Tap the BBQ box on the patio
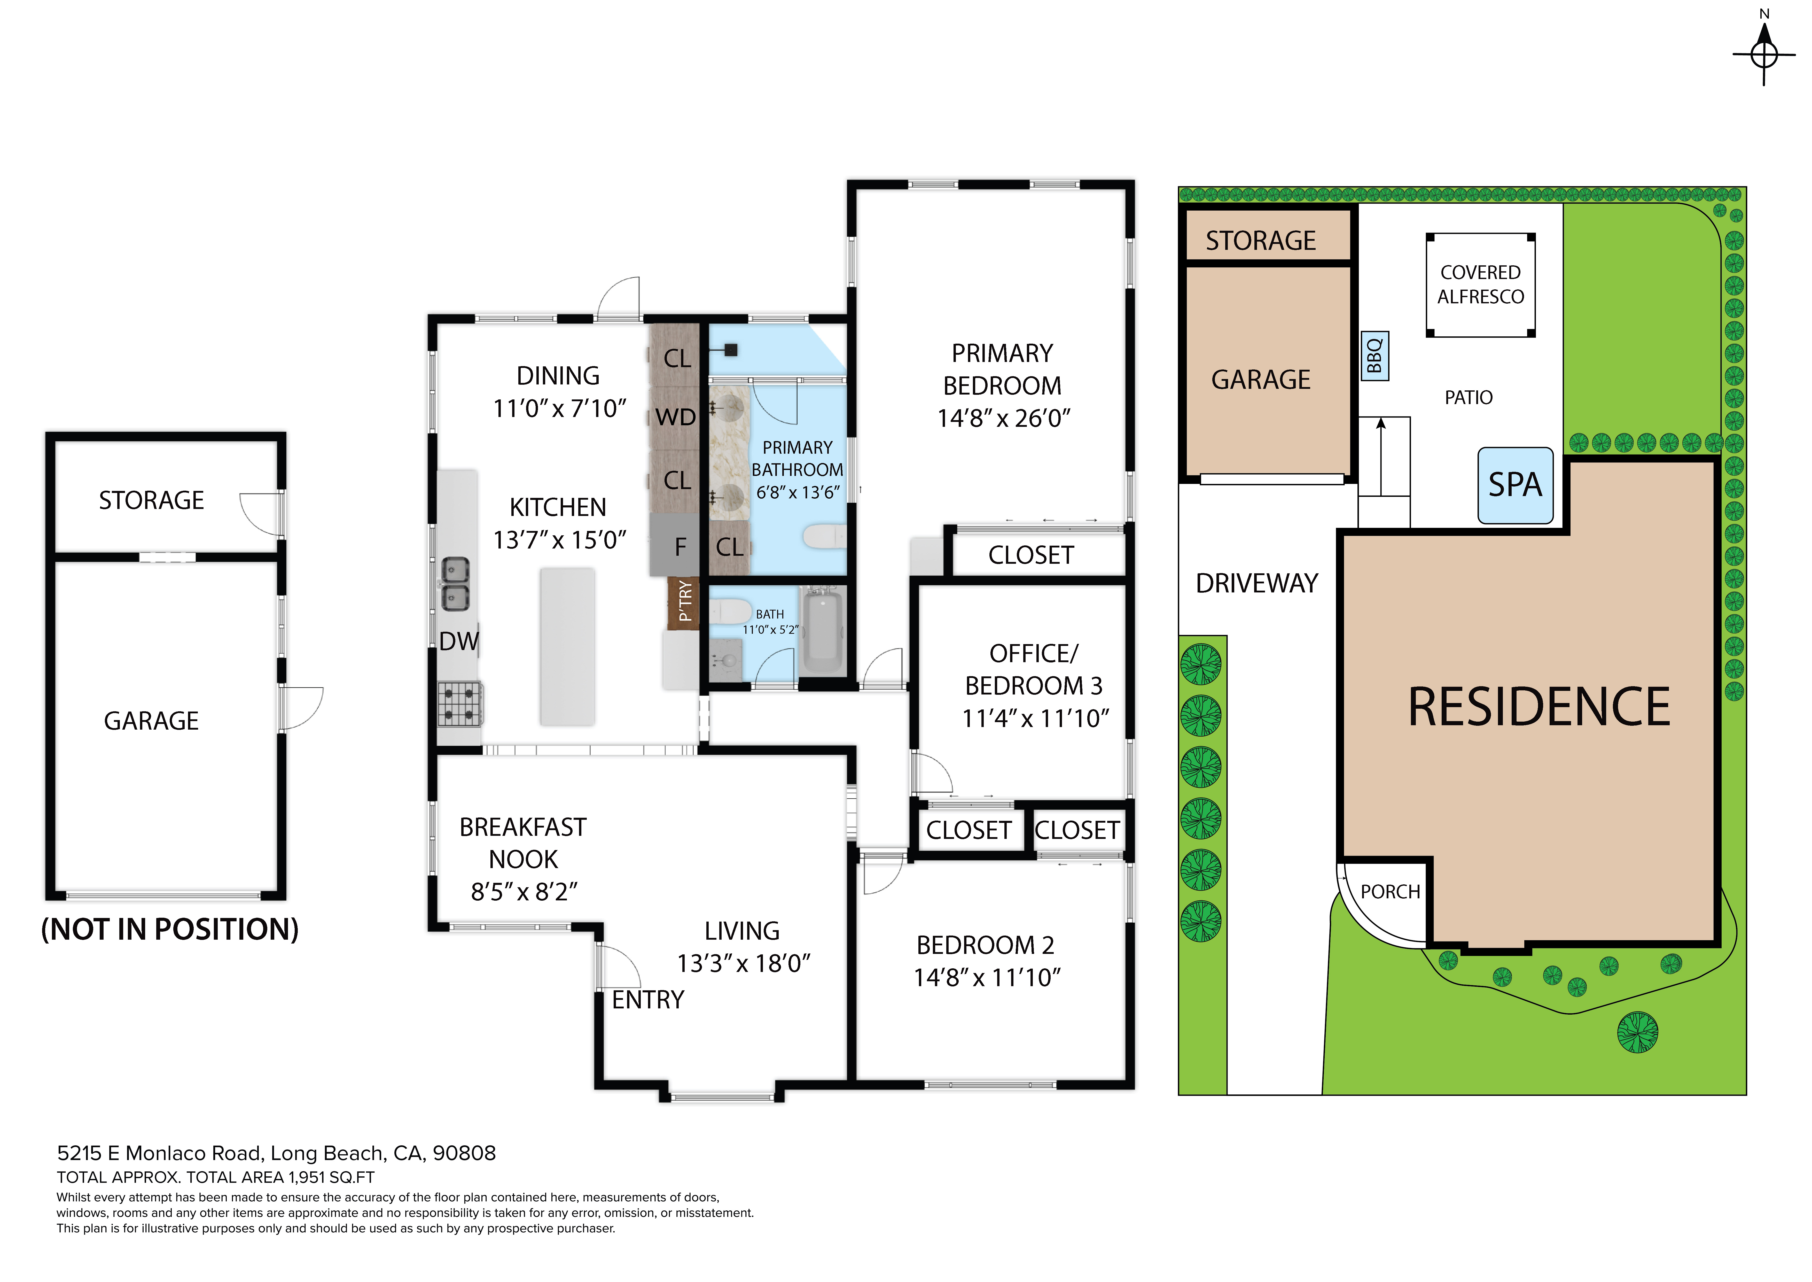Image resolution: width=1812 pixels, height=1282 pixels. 1375,356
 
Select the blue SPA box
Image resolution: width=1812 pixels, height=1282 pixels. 1515,485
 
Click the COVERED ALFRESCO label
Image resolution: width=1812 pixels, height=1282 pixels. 1481,285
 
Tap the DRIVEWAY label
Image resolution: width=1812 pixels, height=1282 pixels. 1256,583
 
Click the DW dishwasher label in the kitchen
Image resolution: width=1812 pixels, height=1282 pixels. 458,641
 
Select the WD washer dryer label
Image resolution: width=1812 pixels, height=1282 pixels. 676,417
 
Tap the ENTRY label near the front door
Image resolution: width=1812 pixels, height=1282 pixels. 648,1000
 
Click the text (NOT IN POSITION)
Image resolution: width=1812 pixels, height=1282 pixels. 170,930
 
